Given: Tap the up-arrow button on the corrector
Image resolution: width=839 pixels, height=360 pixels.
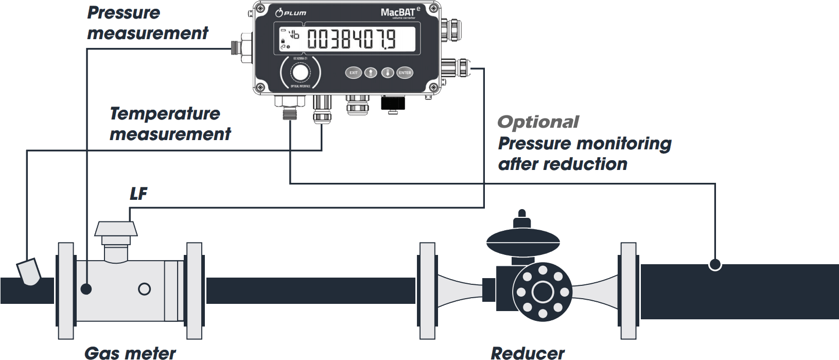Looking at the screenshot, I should pos(371,73).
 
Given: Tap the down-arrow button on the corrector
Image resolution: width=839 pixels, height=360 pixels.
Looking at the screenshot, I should pos(388,73).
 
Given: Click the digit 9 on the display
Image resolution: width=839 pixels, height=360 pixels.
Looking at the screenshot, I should pos(391,40).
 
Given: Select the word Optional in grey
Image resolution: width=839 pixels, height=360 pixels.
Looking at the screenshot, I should pos(538,123).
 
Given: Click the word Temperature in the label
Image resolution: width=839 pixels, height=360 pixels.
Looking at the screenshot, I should pos(165,114).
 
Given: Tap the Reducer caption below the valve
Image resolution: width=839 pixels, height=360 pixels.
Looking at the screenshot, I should pos(528,353).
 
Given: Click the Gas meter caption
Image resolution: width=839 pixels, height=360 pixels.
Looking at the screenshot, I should pos(130,353).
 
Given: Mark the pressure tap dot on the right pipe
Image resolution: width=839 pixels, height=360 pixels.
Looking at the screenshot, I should pos(714,265).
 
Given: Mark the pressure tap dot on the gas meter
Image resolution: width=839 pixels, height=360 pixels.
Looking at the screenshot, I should pos(86,289).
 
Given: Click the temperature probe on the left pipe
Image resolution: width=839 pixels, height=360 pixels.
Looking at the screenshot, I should pos(29,272).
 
